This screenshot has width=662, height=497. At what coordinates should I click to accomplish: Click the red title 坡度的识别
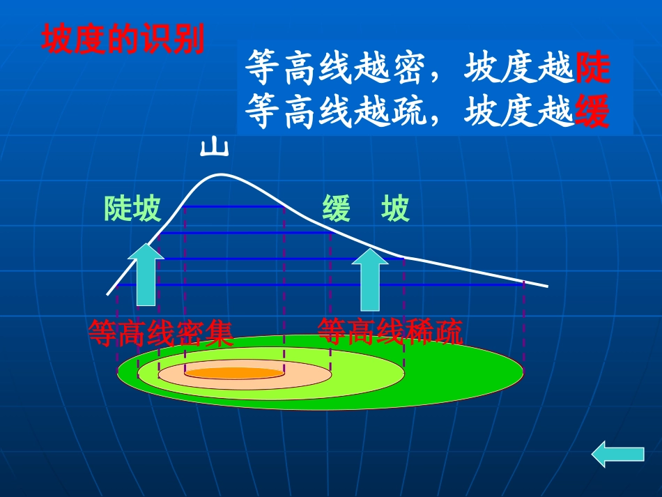pos(123,40)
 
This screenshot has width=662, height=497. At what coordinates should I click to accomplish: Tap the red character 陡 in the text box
pos(593,68)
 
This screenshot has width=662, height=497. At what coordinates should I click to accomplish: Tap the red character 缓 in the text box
pos(593,112)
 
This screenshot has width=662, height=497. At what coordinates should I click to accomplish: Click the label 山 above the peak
pos(215,148)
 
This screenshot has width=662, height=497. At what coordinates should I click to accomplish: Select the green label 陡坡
pos(132,208)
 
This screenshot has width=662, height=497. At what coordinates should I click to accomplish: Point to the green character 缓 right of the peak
pos(337,208)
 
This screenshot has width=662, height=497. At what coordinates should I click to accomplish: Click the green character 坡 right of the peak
pos(395,208)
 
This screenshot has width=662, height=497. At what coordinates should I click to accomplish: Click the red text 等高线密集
pos(160,333)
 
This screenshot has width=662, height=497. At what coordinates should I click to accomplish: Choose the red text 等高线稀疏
pos(390,332)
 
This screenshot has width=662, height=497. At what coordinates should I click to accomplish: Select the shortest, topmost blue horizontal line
pos(234,207)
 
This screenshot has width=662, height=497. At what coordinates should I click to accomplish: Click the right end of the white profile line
pos(547,286)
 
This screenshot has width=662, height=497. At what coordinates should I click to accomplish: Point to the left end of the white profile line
pos(108,293)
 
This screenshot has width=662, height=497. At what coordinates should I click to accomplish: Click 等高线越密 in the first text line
pos(334,68)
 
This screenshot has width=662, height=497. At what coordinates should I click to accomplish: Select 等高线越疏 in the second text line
pos(334,112)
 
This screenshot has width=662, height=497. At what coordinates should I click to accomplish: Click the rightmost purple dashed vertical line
pos(523,321)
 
